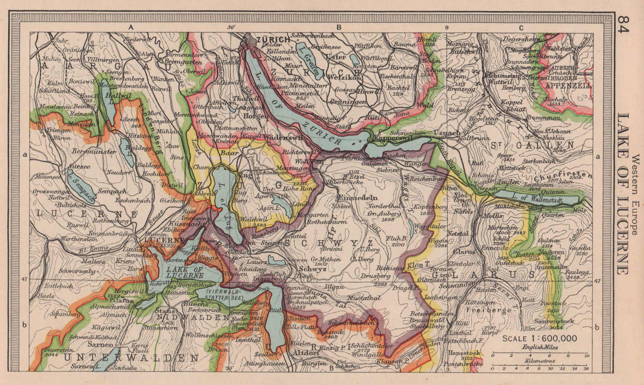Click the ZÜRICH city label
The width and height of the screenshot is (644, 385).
[273, 39]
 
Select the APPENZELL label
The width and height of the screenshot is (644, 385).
[568, 86]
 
